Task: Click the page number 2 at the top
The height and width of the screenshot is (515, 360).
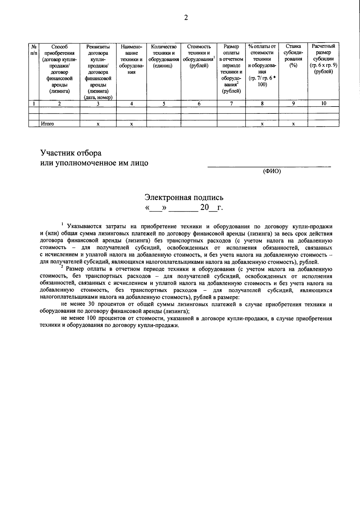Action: (186, 18)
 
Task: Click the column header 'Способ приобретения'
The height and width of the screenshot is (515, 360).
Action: (59, 69)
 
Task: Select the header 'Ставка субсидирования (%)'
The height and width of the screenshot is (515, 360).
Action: (293, 56)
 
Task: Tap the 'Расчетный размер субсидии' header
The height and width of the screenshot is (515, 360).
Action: (323, 59)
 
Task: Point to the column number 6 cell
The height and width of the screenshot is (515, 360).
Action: (199, 104)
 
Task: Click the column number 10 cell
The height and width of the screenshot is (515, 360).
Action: (323, 103)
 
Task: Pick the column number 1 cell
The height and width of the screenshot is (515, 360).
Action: (34, 104)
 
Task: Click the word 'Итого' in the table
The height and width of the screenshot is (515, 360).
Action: (47, 124)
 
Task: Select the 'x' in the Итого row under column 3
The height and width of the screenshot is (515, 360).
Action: (98, 124)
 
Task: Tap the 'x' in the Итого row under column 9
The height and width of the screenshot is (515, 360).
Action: (293, 124)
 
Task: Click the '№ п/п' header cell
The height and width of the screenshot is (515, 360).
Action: (34, 50)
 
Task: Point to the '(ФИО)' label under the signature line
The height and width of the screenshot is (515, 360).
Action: (271, 171)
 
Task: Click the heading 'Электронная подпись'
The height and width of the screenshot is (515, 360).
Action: (184, 197)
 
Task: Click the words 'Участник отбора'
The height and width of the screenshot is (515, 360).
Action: (71, 153)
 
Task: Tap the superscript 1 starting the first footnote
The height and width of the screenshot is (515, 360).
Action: (62, 224)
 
